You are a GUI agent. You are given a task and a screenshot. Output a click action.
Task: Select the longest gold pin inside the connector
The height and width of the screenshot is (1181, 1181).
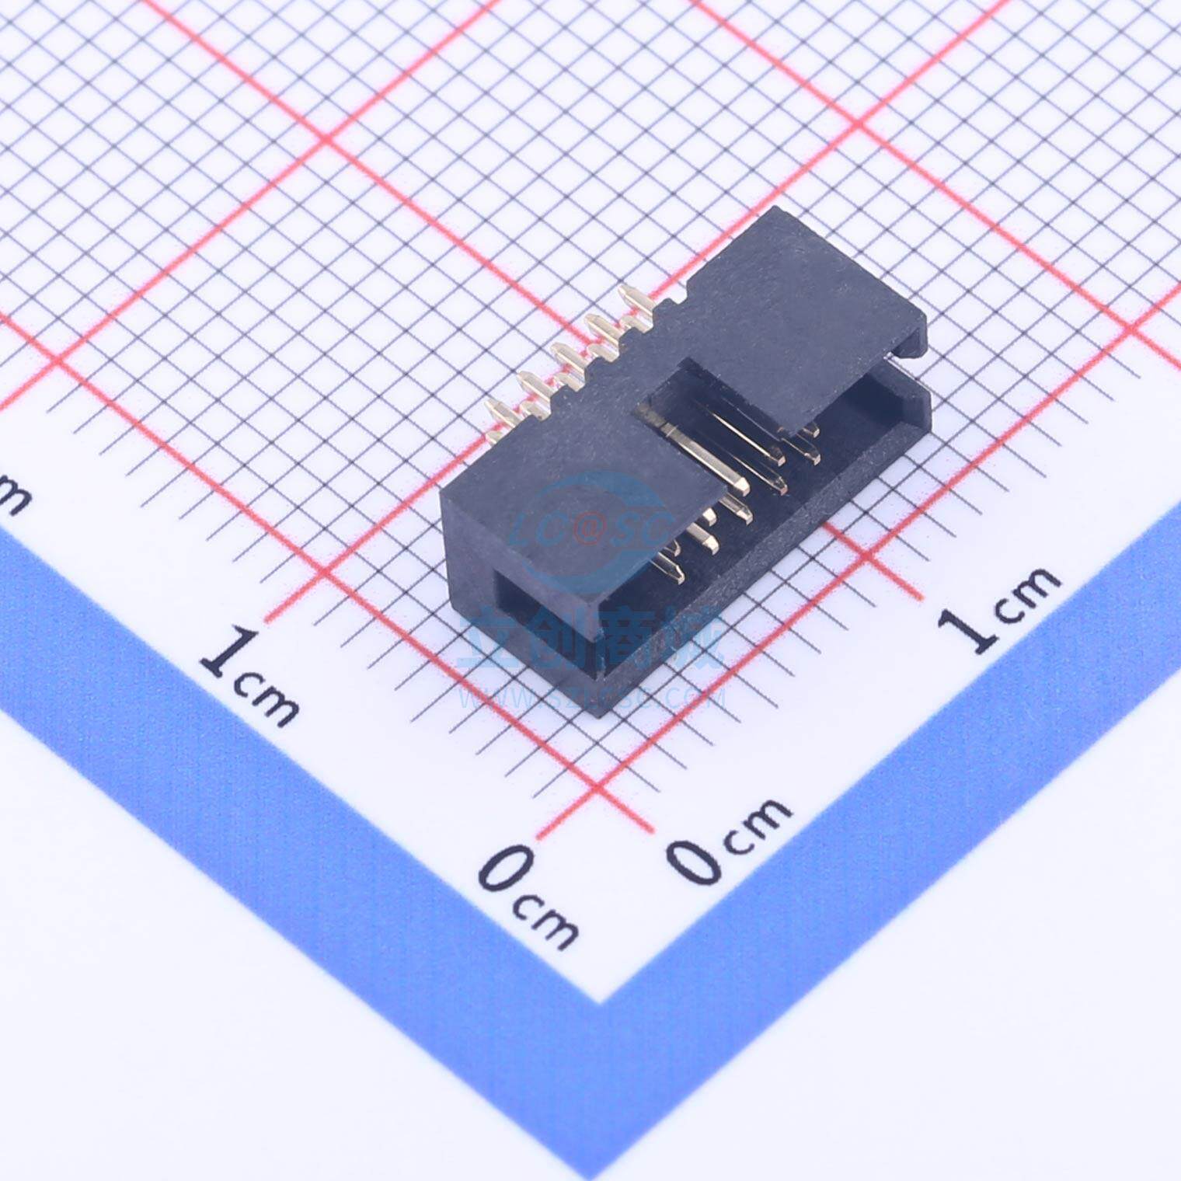tap(699, 458)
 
